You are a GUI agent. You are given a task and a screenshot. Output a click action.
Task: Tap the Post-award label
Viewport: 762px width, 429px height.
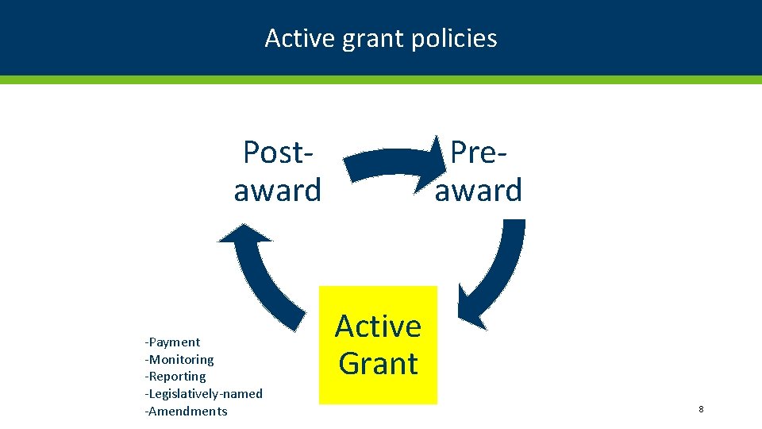(x=277, y=171)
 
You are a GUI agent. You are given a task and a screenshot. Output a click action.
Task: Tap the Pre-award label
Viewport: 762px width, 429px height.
(x=478, y=171)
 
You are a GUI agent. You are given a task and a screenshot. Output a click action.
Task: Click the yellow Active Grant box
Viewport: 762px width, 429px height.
(x=378, y=345)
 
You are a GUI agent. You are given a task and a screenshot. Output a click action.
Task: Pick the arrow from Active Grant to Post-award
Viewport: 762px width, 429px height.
(x=270, y=278)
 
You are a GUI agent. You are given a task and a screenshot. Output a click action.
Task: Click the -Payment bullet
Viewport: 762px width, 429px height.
(x=172, y=342)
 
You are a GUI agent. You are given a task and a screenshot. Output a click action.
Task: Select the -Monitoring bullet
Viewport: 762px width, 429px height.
(x=179, y=360)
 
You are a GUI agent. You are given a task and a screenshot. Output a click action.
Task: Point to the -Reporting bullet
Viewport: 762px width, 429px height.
(x=175, y=377)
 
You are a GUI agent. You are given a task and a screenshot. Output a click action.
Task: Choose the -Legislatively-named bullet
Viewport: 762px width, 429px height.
(x=203, y=394)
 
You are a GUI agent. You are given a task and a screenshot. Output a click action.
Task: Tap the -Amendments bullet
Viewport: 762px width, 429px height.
(x=186, y=412)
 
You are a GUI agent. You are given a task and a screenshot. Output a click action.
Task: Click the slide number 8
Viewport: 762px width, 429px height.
(x=701, y=409)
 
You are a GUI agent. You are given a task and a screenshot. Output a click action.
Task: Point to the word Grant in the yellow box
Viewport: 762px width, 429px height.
(x=378, y=363)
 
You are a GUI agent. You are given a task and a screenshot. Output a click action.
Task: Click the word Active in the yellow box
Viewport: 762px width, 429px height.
(x=378, y=327)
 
